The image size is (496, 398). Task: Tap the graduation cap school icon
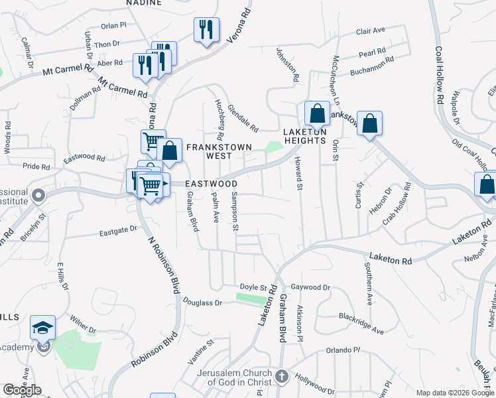pos(43,328)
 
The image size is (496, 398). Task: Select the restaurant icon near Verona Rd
pos(206,29)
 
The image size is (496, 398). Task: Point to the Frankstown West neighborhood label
pos(209,151)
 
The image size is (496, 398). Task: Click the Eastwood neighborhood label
pos(211,183)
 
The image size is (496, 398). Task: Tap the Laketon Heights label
pos(305,135)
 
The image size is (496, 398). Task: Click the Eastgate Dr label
pos(118,230)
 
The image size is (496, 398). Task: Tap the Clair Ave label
pos(371,31)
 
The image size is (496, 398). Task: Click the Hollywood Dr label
pos(315,384)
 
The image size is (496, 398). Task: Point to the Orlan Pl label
pos(113,25)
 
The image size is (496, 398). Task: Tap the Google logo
pos(22,390)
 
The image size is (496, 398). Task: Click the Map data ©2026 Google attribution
pos(455,393)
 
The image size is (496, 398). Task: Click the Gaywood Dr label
pos(310,287)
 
